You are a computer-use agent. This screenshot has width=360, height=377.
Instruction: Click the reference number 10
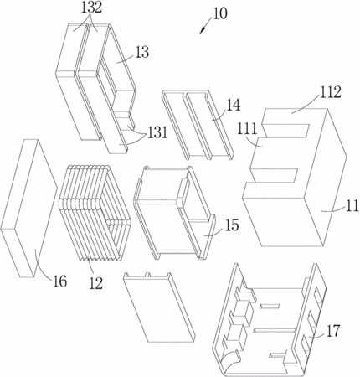pyautogui.click(x=220, y=13)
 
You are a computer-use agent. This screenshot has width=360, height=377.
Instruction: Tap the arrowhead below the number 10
pyautogui.click(x=203, y=30)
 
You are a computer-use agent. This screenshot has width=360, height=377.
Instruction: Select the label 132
pyautogui.click(x=91, y=8)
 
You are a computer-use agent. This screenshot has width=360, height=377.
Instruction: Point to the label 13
pyautogui.click(x=142, y=52)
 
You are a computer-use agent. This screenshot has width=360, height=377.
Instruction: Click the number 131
pyautogui.click(x=157, y=132)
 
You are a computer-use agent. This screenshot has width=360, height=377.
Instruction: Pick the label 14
pyautogui.click(x=233, y=106)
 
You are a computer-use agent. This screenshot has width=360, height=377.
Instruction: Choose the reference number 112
pyautogui.click(x=331, y=92)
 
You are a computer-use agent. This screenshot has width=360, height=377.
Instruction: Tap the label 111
pyautogui.click(x=247, y=129)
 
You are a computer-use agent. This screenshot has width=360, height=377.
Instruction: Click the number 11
pyautogui.click(x=352, y=206)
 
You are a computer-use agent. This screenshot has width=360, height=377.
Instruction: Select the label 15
pyautogui.click(x=232, y=225)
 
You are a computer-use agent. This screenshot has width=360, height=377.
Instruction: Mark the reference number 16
pyautogui.click(x=60, y=281)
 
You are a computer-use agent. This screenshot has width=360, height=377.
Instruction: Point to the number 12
pyautogui.click(x=96, y=283)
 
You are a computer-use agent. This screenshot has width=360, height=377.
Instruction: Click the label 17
pyautogui.click(x=333, y=331)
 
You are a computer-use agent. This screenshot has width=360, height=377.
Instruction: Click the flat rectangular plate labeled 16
pyautogui.click(x=29, y=208)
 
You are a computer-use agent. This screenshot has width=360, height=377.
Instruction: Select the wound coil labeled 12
pyautogui.click(x=95, y=214)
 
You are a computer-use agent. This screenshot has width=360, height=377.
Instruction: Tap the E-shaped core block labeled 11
pyautogui.click(x=295, y=178)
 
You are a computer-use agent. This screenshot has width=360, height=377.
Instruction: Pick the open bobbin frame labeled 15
pyautogui.click(x=175, y=213)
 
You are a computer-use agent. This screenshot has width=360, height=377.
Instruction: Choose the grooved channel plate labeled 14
pyautogui.click(x=198, y=125)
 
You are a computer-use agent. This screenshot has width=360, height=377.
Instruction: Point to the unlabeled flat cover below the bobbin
pyautogui.click(x=159, y=307)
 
